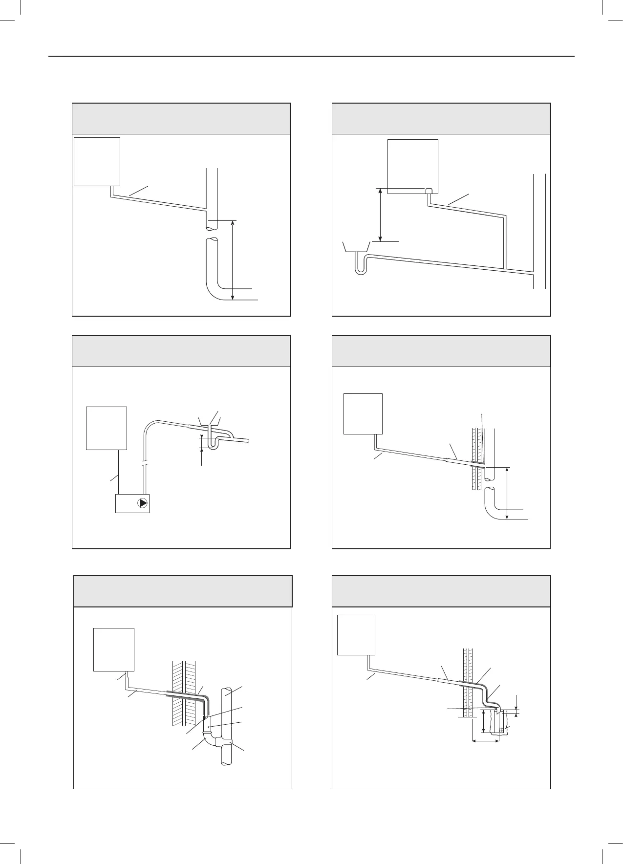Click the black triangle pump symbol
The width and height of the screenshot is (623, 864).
142,503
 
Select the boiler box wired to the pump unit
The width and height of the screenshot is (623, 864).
107,428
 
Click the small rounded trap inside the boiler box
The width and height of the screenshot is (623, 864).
429,191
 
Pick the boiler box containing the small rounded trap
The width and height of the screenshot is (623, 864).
413,166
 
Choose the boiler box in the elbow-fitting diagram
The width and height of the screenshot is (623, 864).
114,649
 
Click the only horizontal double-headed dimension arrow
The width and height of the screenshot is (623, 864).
485,754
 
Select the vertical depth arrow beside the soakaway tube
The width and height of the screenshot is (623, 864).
483,728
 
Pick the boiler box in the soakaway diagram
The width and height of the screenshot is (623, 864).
356,634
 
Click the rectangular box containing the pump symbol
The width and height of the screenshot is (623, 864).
132,503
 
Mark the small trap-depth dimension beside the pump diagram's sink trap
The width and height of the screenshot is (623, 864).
201,443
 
